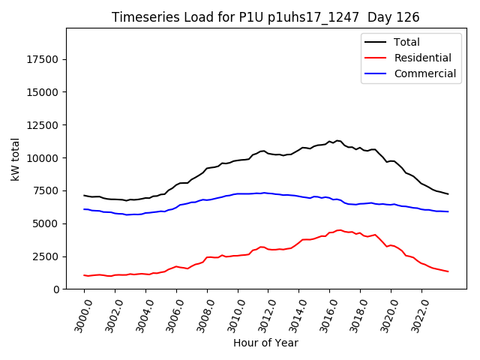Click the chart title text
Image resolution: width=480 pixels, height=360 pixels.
click(265, 17)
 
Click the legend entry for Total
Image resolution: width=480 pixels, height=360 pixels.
click(406, 42)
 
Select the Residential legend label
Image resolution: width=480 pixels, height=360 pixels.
click(422, 58)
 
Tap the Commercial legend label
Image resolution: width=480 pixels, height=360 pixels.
click(424, 73)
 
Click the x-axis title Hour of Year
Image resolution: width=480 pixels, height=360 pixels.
click(265, 343)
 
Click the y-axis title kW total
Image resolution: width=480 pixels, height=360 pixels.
click(15, 158)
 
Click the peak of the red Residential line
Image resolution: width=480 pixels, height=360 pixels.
click(339, 230)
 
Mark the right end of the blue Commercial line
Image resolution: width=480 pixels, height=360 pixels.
click(448, 211)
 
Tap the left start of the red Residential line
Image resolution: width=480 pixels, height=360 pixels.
click(84, 275)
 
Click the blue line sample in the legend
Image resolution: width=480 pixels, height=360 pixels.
click(377, 73)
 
